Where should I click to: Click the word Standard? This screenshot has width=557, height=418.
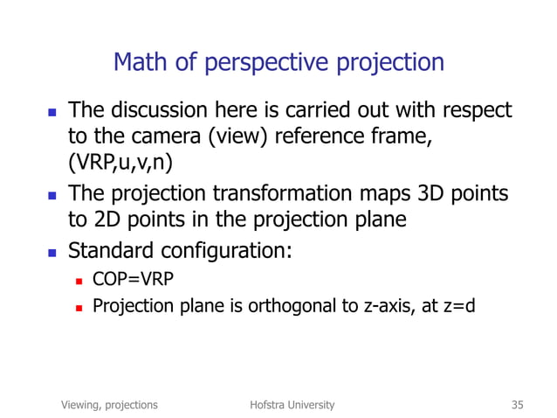112,252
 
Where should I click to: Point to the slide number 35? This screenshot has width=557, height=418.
517,405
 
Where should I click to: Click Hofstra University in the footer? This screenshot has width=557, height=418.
292,405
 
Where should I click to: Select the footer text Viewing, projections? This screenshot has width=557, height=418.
109,405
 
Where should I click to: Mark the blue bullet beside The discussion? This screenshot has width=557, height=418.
50,112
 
